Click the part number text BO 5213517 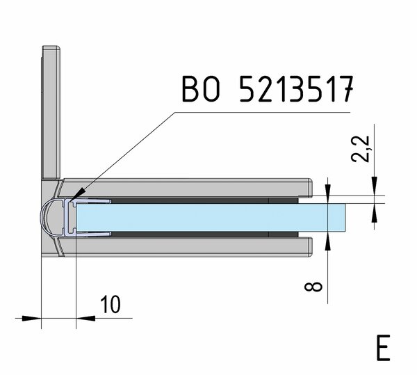click(x=268, y=89)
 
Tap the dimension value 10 click(x=111, y=304)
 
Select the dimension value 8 click(x=313, y=287)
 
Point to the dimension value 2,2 click(x=360, y=149)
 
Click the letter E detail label click(x=383, y=348)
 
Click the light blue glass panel click(x=211, y=218)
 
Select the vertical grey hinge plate click(x=51, y=112)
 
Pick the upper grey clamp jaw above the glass click(x=186, y=188)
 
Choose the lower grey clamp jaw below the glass click(x=186, y=247)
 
